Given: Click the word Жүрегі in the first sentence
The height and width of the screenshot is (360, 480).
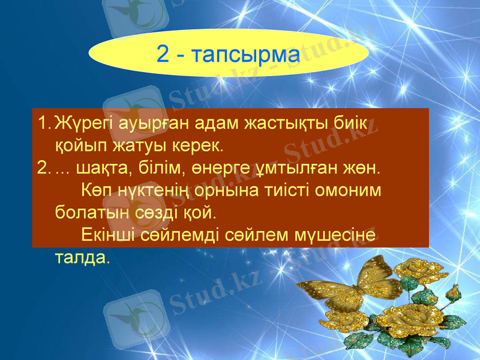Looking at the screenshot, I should [x=82, y=124].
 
